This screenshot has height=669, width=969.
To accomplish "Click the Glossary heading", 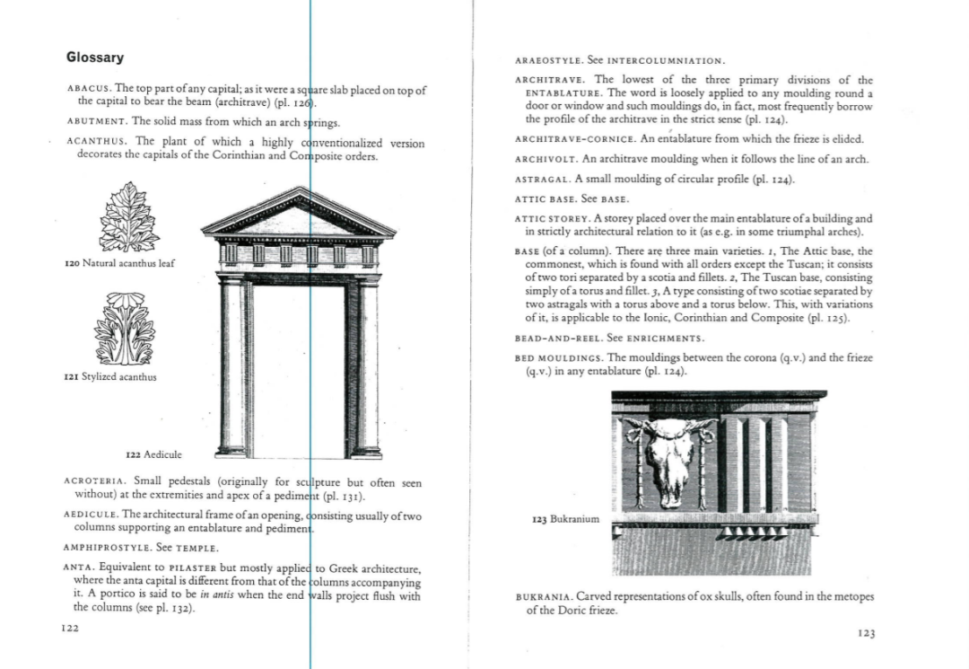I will tap(95, 57).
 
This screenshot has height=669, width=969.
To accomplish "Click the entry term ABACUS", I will tap(88, 89).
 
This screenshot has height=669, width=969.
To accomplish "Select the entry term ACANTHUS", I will tap(97, 142).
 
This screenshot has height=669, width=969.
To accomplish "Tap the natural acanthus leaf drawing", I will tap(129, 217).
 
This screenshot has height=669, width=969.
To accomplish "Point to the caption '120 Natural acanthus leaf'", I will tap(119, 263).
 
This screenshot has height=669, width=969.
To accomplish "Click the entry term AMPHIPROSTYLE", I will tap(107, 547).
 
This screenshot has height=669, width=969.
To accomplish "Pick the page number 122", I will tap(70, 629).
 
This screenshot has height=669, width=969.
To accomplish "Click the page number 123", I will tap(866, 633).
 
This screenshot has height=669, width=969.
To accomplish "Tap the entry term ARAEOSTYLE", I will tap(549, 61).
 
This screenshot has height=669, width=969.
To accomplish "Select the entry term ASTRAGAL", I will tap(542, 180).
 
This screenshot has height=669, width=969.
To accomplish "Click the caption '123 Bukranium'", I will tap(564, 519).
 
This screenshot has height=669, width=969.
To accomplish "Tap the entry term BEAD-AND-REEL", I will tap(557, 339).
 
